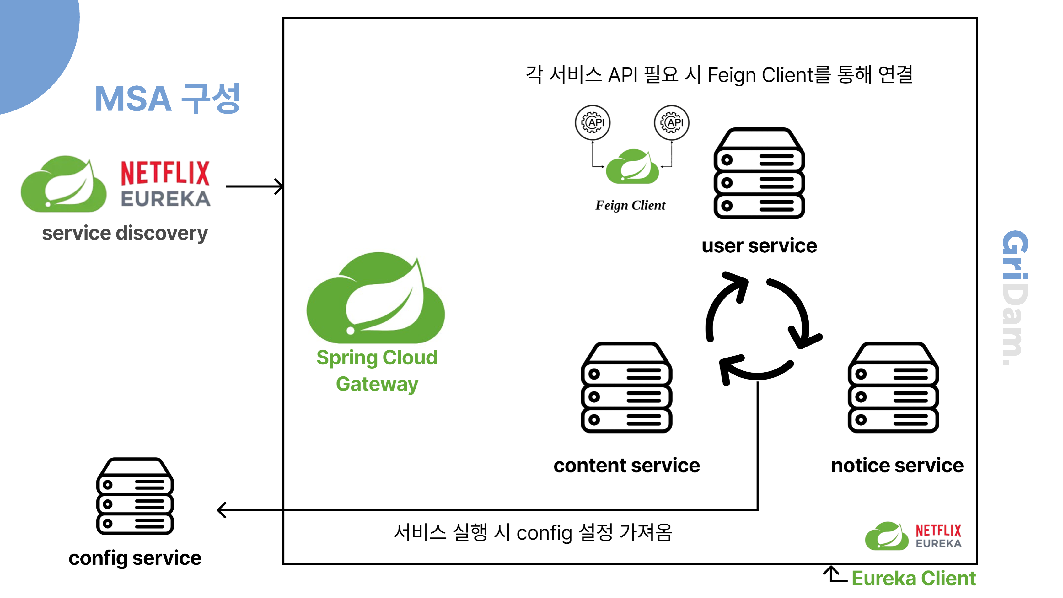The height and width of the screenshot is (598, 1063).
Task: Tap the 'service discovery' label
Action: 125,233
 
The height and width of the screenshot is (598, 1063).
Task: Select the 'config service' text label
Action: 135,558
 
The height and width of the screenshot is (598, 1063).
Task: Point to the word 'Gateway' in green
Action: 377,384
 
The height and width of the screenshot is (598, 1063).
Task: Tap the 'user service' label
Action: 759,246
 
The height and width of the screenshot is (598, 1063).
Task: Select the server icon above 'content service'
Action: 626,388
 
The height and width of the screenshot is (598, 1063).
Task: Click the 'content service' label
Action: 626,466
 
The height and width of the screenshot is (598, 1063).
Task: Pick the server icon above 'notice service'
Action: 894,388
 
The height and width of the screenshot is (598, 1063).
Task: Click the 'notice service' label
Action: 898,466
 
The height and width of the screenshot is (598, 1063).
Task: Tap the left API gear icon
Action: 593,122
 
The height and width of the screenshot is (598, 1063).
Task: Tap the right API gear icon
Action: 671,122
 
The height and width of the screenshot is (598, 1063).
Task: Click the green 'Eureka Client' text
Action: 914,578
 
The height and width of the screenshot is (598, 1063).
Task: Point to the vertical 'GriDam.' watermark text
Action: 1015,297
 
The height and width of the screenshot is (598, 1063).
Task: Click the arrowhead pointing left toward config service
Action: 222,510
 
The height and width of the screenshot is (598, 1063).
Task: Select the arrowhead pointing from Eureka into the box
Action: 279,186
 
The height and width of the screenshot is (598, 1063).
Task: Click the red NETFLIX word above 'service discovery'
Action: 165,173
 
